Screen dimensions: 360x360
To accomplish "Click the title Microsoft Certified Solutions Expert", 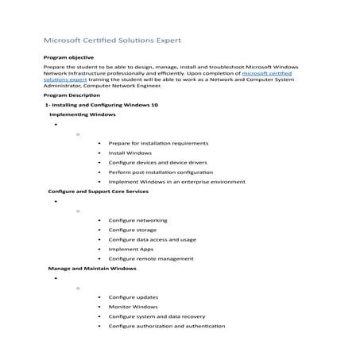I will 117,39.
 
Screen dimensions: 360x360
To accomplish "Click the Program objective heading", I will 68,57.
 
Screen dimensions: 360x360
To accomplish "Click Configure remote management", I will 150,258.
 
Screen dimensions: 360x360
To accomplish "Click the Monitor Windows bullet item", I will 133,307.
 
